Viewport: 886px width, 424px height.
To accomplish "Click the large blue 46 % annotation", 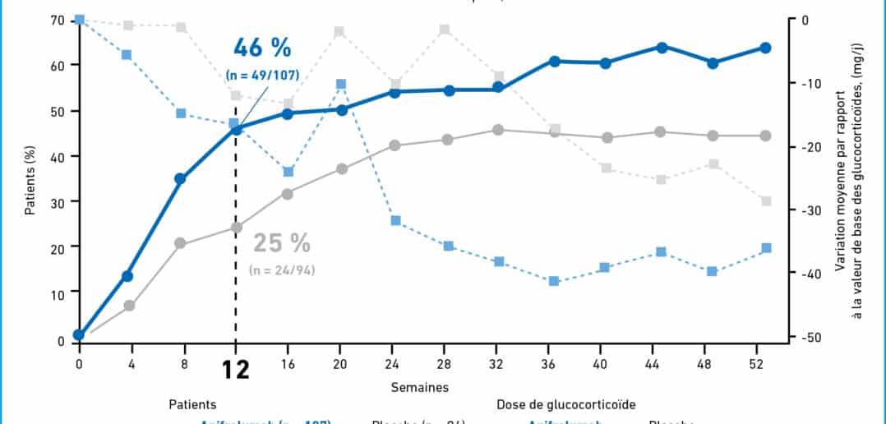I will [x=262, y=47].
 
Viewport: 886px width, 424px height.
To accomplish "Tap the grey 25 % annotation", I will [x=282, y=243].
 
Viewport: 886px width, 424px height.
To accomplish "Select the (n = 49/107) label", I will [x=262, y=76].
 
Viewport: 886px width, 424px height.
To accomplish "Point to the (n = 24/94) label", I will [x=282, y=270].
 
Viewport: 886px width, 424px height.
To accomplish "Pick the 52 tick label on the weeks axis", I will [x=765, y=361].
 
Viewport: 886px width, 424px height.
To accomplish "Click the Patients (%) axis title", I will [x=30, y=179].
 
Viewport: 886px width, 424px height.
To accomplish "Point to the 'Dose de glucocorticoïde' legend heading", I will [x=565, y=404].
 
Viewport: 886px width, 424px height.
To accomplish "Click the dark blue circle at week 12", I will [x=236, y=130].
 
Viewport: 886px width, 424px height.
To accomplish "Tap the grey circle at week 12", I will [x=236, y=228].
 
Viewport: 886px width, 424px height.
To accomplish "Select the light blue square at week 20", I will [x=341, y=84].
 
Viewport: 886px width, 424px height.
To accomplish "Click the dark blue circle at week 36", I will [x=555, y=62].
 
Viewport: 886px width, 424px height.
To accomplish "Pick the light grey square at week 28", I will [x=445, y=30].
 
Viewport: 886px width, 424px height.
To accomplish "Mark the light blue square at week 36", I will [x=554, y=281].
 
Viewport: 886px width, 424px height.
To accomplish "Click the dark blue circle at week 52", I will [x=765, y=48].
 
